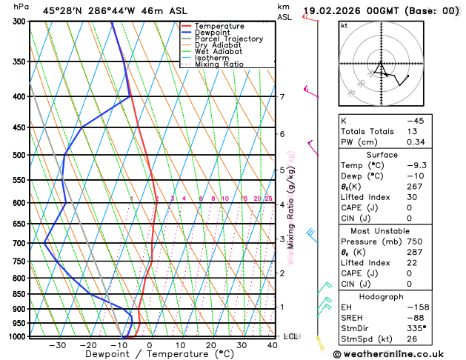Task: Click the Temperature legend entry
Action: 219,26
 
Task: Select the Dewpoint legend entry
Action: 215,33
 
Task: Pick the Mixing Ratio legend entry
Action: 219,64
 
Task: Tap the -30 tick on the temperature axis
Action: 57,344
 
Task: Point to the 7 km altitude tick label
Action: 282,97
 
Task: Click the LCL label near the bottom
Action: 290,336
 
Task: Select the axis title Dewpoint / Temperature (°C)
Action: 150,354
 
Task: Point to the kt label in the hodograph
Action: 344,25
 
